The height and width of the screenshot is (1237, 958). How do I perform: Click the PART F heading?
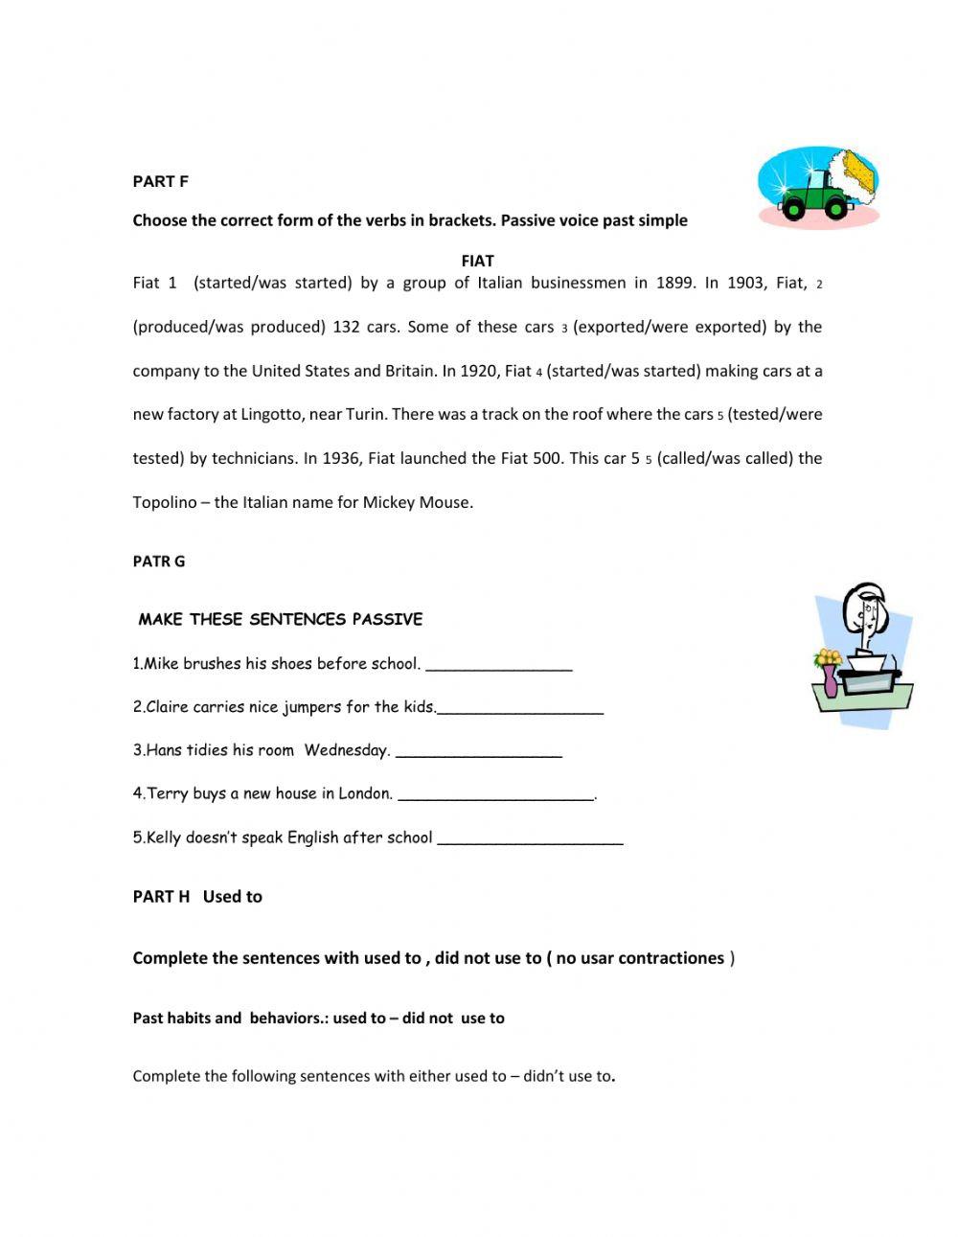tap(160, 181)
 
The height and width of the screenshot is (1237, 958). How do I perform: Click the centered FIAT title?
tap(477, 261)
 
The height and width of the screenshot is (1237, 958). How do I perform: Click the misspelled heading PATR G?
tap(158, 561)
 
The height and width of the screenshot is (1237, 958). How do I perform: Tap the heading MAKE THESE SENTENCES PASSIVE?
tap(280, 619)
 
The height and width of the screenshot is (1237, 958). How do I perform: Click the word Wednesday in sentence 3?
tap(347, 750)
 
